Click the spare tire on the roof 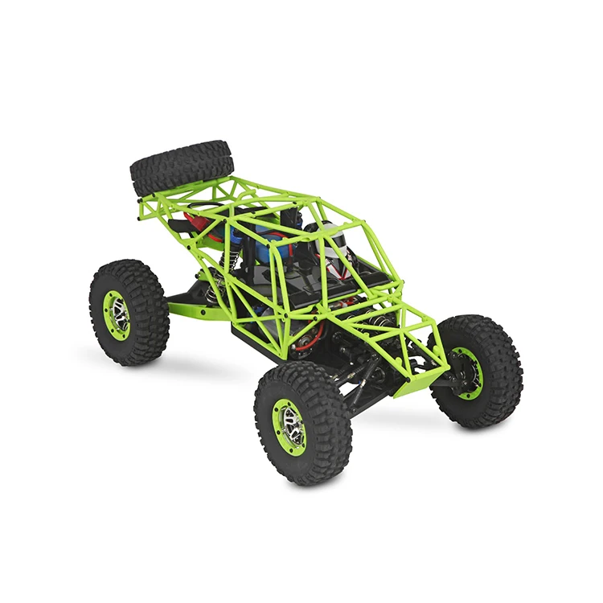click(181, 165)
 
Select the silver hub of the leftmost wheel click(117, 314)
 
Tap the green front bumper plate click(423, 379)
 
